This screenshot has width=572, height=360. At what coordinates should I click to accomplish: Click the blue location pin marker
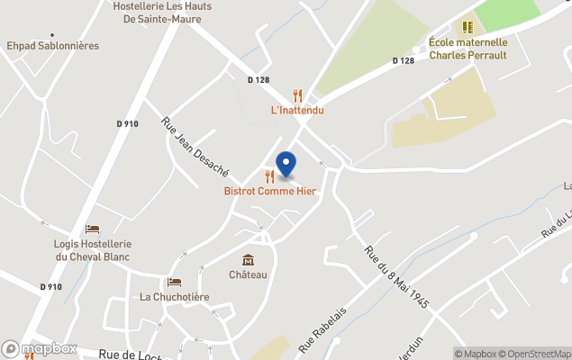click(286, 165)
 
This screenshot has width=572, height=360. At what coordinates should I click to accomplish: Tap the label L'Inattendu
click(297, 111)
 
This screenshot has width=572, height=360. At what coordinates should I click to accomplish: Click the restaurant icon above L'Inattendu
click(297, 95)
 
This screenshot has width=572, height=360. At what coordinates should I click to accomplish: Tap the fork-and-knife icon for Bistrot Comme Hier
click(269, 176)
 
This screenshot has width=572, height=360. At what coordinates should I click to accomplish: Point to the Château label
click(248, 274)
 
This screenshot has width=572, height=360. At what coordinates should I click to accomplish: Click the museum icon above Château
click(248, 260)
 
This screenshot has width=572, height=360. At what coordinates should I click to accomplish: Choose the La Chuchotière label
click(174, 297)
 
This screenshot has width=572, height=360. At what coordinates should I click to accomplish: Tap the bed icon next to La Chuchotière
click(174, 283)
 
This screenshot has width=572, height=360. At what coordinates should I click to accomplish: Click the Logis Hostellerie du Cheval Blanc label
click(93, 250)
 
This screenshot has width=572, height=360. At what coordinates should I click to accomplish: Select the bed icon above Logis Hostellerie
click(92, 229)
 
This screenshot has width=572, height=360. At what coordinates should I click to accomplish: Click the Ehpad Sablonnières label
click(52, 45)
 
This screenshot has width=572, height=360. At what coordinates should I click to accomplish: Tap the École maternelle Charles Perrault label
click(468, 49)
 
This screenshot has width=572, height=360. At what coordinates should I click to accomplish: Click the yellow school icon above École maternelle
click(468, 28)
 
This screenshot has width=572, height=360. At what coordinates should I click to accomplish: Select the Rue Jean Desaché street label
click(195, 147)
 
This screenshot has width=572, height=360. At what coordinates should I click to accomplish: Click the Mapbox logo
click(40, 348)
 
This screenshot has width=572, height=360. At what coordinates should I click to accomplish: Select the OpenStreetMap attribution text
click(535, 354)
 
